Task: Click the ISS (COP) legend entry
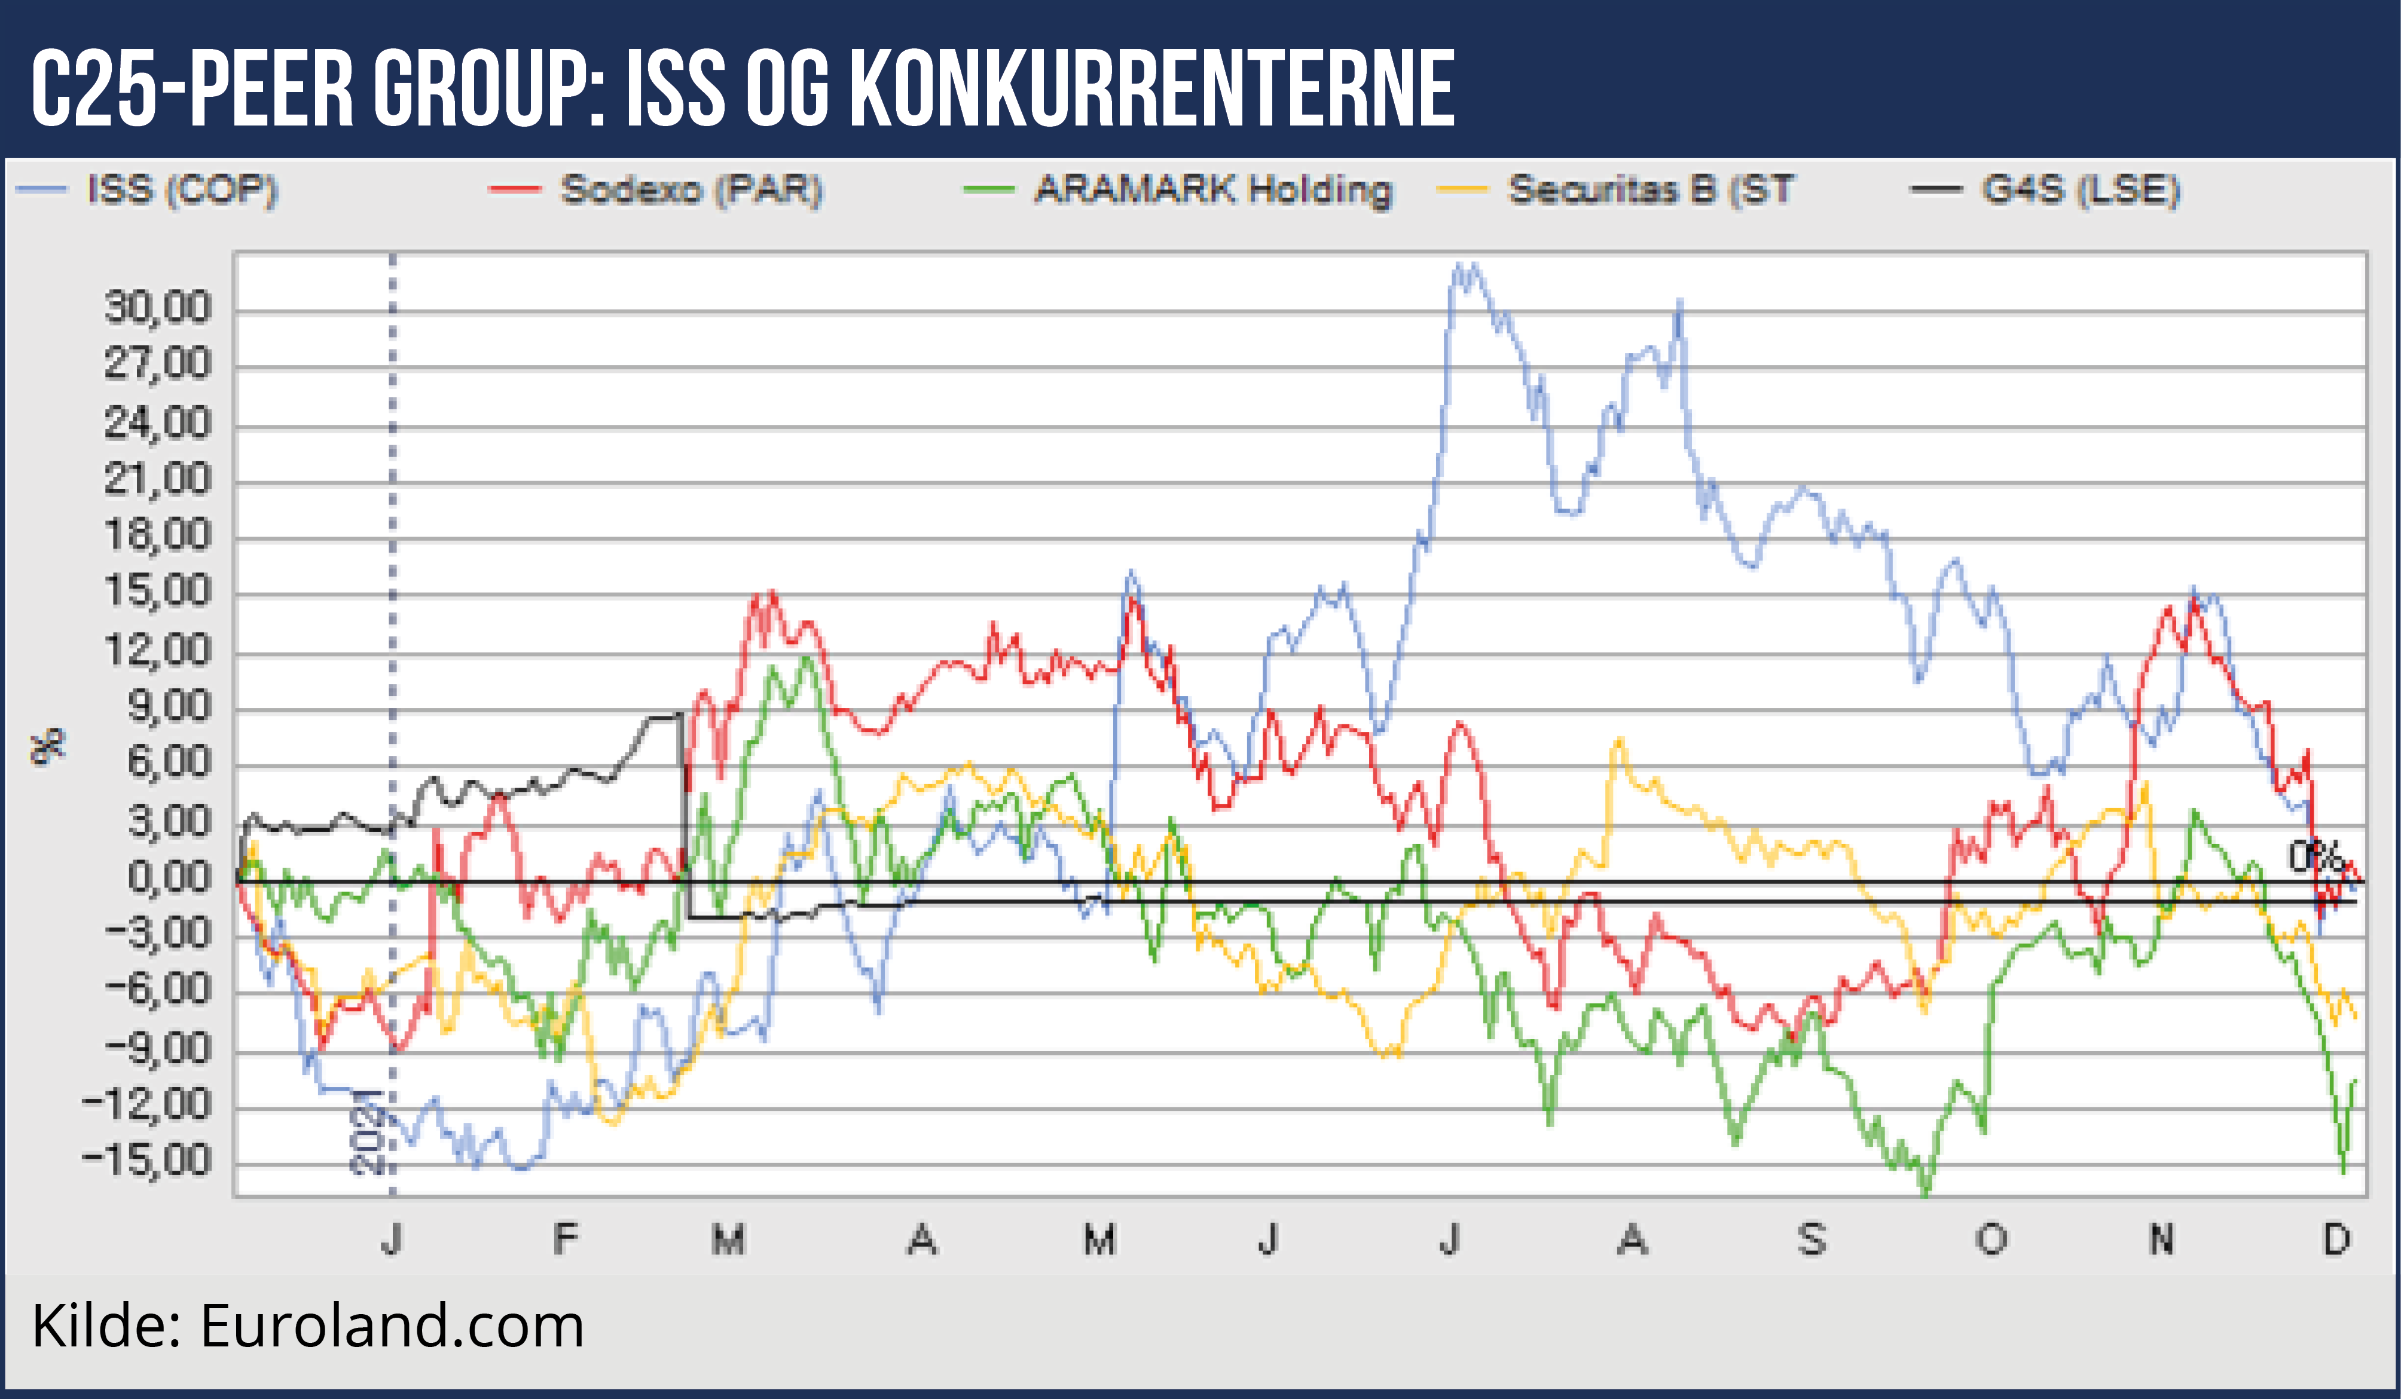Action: pos(181,189)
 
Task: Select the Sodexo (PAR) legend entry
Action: pos(691,189)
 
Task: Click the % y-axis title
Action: pos(48,746)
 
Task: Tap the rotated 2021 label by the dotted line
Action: pos(367,1132)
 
